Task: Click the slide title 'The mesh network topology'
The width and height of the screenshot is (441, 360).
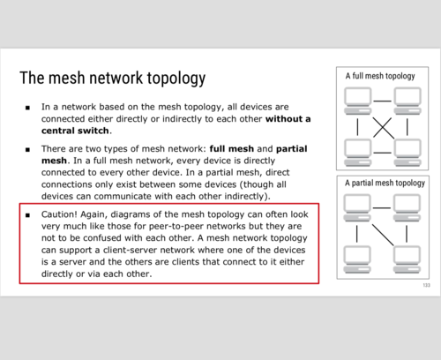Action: click(113, 79)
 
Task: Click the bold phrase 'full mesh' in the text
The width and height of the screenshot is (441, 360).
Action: click(232, 149)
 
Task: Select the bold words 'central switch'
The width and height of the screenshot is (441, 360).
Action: click(75, 131)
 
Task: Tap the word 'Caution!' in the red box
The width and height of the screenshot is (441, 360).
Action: click(59, 214)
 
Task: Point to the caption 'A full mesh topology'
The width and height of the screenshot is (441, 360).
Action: click(380, 76)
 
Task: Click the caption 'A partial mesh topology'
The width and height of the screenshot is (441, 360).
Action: click(385, 183)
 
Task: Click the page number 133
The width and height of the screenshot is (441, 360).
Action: click(426, 285)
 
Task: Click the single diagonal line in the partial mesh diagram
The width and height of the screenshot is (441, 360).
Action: click(383, 235)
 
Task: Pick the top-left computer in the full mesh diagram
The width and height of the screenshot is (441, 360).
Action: click(358, 101)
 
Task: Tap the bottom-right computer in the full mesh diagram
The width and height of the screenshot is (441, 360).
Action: click(407, 153)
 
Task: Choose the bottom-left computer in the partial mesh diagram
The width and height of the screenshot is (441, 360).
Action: click(357, 259)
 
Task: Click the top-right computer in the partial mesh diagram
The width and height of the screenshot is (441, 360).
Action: click(407, 207)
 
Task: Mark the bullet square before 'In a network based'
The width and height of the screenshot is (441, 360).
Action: click(27, 108)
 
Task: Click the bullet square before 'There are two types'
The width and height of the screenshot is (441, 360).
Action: click(27, 150)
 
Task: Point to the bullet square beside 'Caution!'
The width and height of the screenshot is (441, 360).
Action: click(27, 215)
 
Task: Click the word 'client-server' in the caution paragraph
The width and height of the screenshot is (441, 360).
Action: click(130, 250)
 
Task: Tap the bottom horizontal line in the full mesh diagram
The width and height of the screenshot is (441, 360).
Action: click(382, 153)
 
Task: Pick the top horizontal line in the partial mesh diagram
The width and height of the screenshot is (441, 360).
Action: click(382, 208)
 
